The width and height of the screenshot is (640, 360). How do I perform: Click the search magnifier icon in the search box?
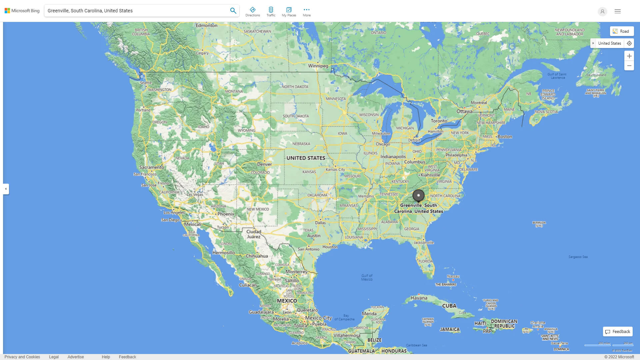tap(233, 11)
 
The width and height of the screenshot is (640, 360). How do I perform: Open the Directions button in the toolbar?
tap(252, 12)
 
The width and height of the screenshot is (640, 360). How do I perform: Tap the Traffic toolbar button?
tap(271, 12)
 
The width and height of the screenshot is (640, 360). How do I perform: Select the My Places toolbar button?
tap(289, 12)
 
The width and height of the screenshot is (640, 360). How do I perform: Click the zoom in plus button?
tap(629, 56)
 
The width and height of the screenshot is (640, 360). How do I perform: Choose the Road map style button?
tap(622, 31)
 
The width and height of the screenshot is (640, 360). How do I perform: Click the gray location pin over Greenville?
tap(418, 196)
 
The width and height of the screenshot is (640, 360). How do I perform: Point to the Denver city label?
tap(264, 164)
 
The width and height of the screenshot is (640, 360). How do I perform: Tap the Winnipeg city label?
tap(318, 66)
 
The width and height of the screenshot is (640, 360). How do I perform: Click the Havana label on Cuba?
tap(419, 298)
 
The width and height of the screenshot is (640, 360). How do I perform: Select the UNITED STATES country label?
tap(306, 158)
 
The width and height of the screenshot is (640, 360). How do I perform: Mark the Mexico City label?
tap(318, 318)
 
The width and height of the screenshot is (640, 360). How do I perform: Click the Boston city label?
tap(505, 137)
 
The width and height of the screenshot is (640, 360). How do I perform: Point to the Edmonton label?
tap(206, 25)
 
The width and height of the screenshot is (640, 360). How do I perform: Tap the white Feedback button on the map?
tap(618, 332)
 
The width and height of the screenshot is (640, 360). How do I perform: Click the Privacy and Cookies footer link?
tap(22, 357)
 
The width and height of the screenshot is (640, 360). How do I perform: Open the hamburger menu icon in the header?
tap(617, 11)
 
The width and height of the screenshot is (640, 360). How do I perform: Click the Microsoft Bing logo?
tap(22, 11)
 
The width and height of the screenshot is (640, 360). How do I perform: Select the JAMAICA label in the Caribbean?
tap(450, 329)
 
